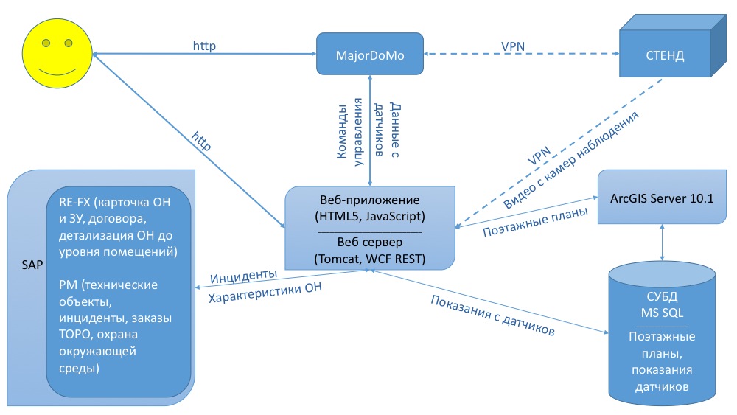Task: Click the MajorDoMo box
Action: [370, 54]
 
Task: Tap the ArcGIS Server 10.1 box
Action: [662, 197]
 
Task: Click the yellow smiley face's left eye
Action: [46, 43]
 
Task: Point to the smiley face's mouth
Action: [57, 72]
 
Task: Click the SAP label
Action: [32, 265]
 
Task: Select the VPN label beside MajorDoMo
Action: [513, 46]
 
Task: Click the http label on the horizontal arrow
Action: [204, 46]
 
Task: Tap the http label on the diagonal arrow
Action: [201, 141]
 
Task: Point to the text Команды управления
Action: [350, 132]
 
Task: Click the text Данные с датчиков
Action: [387, 130]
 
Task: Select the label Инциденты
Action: [243, 276]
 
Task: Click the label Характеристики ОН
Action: [265, 293]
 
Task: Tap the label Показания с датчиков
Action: [492, 315]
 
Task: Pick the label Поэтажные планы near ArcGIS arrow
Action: [535, 222]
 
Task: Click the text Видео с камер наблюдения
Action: [571, 160]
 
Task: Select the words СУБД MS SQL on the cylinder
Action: [662, 304]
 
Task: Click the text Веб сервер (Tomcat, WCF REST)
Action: [370, 251]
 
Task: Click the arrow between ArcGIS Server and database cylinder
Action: [662, 243]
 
